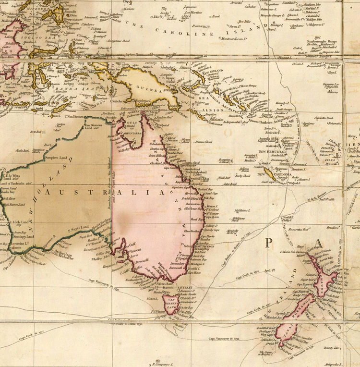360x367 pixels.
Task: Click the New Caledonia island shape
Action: [x=270, y=174]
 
